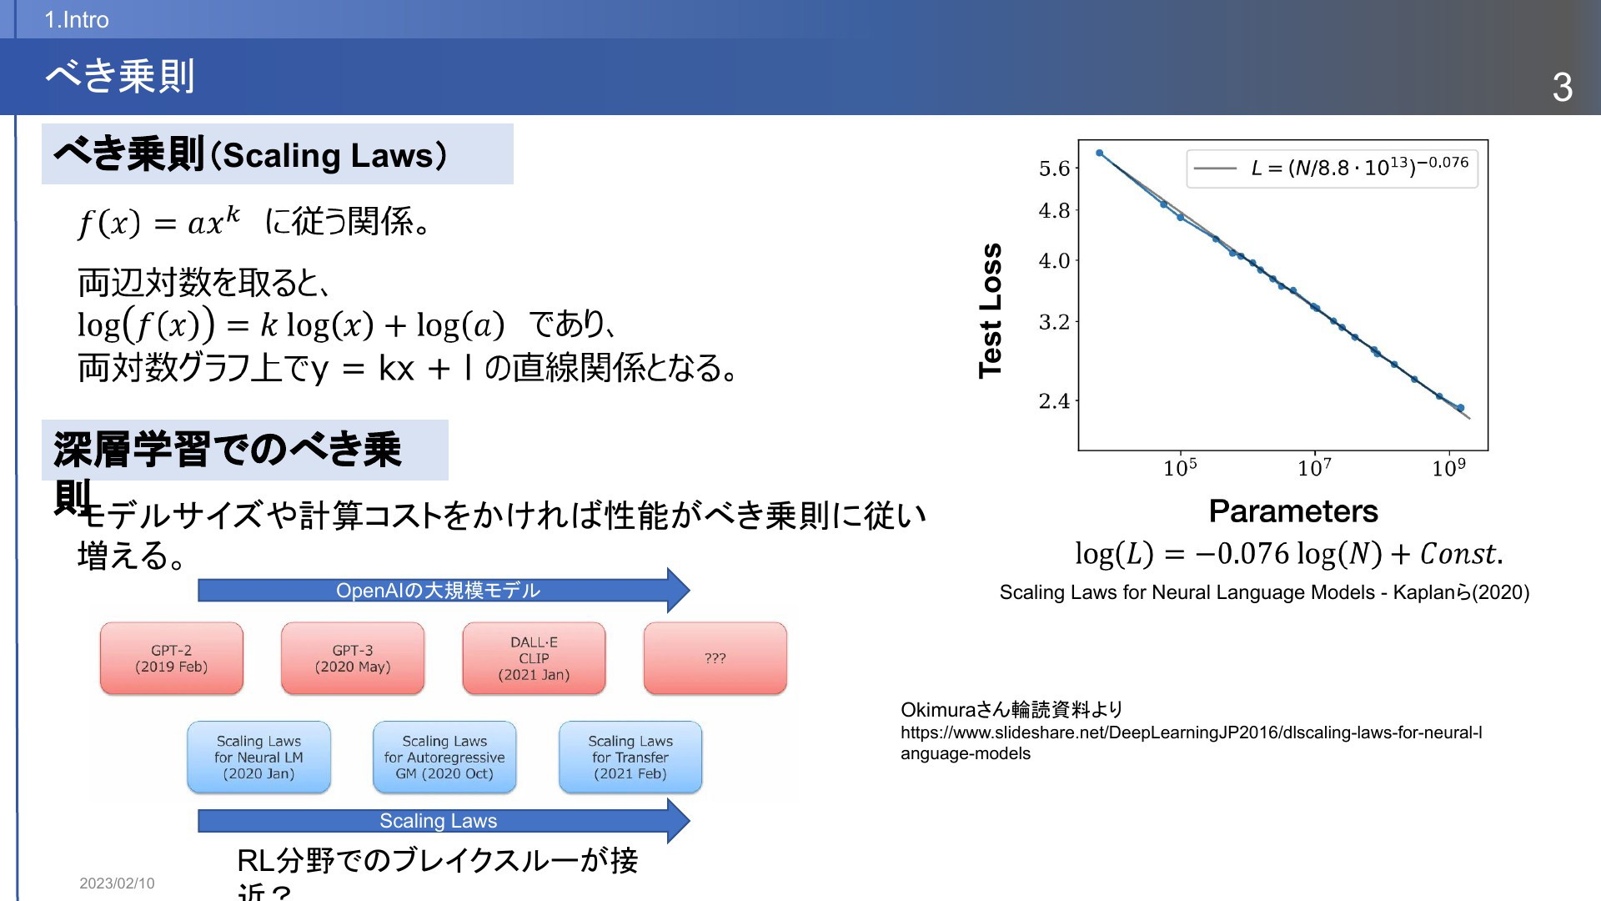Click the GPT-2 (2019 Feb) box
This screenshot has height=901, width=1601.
(172, 658)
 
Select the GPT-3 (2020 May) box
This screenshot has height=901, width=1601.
(353, 658)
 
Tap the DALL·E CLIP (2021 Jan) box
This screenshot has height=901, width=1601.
(534, 658)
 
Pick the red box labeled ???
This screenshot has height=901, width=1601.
(715, 658)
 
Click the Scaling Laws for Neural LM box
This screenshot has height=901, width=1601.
(258, 757)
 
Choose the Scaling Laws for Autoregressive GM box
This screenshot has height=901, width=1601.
(444, 757)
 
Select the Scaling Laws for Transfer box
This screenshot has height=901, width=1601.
(630, 757)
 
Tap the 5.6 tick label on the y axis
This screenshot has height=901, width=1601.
(1054, 169)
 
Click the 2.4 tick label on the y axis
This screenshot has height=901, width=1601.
(1054, 401)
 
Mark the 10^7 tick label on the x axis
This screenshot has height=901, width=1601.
(1315, 467)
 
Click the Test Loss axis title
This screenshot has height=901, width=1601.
(991, 311)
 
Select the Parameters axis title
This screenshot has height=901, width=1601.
(1293, 511)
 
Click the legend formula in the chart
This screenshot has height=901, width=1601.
(1360, 167)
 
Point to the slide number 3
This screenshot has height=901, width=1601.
(1563, 87)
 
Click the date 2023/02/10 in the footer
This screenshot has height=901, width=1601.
(117, 883)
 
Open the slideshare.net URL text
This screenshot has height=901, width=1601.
(1192, 742)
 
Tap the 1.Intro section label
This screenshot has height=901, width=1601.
(77, 20)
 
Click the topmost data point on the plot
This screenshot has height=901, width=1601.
(1099, 154)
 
